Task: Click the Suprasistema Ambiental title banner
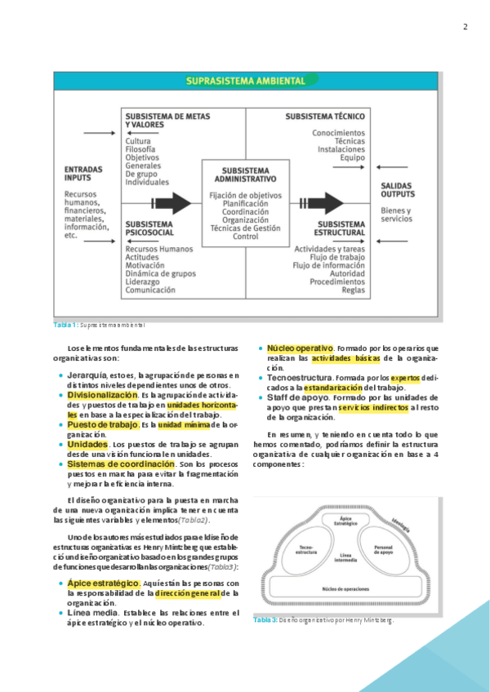(x=245, y=81)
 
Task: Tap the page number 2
(x=465, y=26)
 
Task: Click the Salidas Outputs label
(x=399, y=190)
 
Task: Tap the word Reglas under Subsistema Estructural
(x=353, y=290)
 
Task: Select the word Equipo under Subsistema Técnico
(x=352, y=157)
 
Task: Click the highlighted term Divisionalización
(x=103, y=394)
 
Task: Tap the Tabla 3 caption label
(x=265, y=620)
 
